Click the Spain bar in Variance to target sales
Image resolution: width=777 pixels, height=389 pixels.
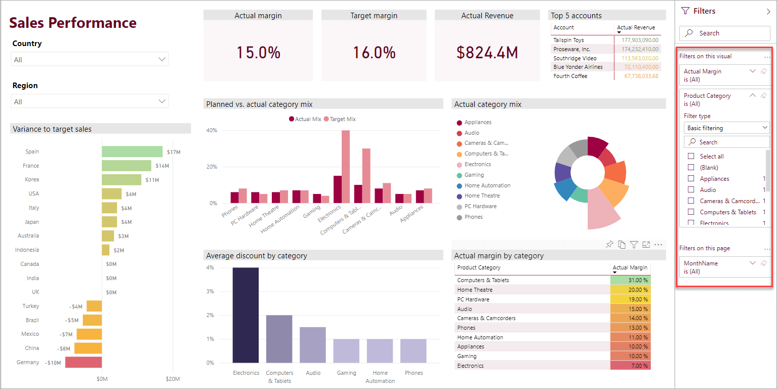click(132, 151)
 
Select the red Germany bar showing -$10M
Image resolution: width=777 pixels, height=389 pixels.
click(84, 362)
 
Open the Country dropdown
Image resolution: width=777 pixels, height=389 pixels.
click(90, 59)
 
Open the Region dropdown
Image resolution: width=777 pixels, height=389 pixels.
click(90, 101)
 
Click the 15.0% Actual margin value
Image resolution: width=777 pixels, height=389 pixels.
click(258, 52)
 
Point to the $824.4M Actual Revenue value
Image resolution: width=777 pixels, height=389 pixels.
click(487, 52)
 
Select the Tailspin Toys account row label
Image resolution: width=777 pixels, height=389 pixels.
click(568, 40)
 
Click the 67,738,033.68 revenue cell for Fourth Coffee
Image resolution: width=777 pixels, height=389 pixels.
click(641, 76)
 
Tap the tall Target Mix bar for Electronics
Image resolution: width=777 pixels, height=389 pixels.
click(346, 167)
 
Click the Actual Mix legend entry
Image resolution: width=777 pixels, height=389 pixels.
click(305, 119)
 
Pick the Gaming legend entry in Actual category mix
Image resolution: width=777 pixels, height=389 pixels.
click(474, 175)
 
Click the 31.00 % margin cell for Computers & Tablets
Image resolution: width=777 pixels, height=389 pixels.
click(630, 280)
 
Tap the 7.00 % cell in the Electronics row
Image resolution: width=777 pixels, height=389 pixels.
click(630, 366)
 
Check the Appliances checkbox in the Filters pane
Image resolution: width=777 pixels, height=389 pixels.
click(691, 178)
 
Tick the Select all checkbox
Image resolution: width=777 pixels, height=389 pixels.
click(691, 156)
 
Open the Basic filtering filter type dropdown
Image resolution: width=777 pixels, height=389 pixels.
click(726, 128)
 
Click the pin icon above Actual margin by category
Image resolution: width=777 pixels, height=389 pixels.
click(609, 245)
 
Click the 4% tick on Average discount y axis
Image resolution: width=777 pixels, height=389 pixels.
click(210, 267)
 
